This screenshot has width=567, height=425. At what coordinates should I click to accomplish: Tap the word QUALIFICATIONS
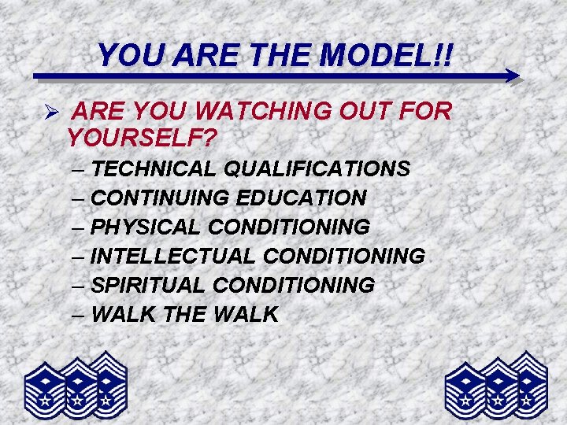[317, 168]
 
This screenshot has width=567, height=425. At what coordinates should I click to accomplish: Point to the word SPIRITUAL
[149, 285]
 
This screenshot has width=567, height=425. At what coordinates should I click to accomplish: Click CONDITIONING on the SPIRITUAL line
[294, 285]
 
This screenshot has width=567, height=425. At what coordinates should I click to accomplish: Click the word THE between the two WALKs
[185, 314]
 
